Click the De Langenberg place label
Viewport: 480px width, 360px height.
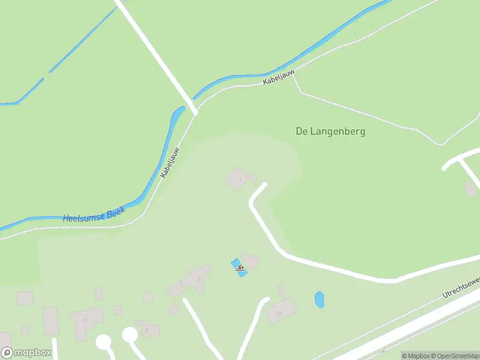pos(331,131)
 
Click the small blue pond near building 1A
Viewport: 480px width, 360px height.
pos(319,299)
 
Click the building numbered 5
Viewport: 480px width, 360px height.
pos(149,330)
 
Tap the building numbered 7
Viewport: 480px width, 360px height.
pos(86,320)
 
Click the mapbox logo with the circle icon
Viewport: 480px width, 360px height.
pos(26,353)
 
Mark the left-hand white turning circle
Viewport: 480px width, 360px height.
pos(104,341)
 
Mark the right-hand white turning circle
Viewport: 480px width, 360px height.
pos(130,334)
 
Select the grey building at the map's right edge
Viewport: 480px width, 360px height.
pos(471,190)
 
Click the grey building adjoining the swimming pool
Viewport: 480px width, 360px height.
pos(251,261)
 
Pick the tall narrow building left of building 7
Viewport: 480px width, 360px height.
pos(50,320)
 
